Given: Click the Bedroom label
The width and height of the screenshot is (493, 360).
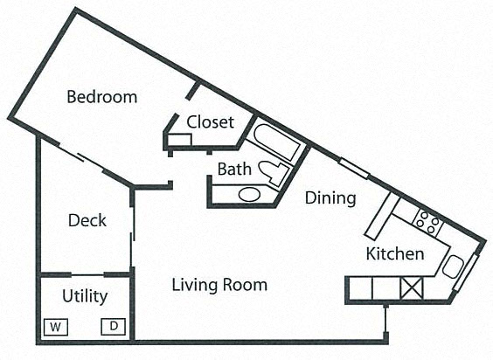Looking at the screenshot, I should click(101, 97).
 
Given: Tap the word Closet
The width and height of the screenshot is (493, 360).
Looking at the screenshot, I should click(210, 122).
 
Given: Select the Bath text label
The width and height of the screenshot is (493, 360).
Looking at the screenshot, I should click(234, 169).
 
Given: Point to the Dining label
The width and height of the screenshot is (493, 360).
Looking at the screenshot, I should click(330, 198).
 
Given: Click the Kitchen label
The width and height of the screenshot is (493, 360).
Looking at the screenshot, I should click(394, 254).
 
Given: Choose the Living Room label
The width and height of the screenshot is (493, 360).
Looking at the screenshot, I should click(219, 285).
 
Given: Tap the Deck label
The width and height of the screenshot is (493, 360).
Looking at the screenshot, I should click(87, 220).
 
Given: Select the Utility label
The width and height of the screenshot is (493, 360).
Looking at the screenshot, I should click(85, 296).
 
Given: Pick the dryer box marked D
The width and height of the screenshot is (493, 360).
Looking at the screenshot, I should click(114, 326).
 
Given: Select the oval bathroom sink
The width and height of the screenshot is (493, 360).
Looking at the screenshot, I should click(249, 194).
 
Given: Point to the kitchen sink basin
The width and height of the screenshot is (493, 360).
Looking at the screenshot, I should click(453, 267).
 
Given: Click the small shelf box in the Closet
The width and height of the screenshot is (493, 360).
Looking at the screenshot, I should click(180, 139).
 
